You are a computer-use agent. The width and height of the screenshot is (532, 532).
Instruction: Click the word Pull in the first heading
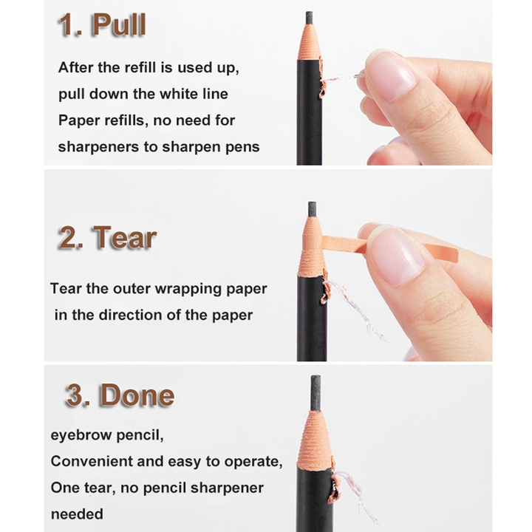pyautogui.click(x=119, y=24)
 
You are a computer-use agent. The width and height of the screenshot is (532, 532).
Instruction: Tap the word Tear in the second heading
pyautogui.click(x=125, y=237)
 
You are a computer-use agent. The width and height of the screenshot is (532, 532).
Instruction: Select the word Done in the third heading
pyautogui.click(x=137, y=395)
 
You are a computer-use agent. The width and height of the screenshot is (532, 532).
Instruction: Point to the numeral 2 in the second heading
pyautogui.click(x=68, y=237)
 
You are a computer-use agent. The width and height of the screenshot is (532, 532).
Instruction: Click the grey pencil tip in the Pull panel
pyautogui.click(x=309, y=18)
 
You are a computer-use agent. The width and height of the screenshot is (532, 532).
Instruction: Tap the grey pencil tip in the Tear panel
pyautogui.click(x=312, y=210)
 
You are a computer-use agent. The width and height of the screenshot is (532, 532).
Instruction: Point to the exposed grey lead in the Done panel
pyautogui.click(x=316, y=394)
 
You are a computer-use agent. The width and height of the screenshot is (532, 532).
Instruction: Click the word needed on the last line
pyautogui.click(x=77, y=514)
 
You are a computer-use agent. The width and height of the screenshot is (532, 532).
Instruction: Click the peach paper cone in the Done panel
pyautogui.click(x=314, y=441)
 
